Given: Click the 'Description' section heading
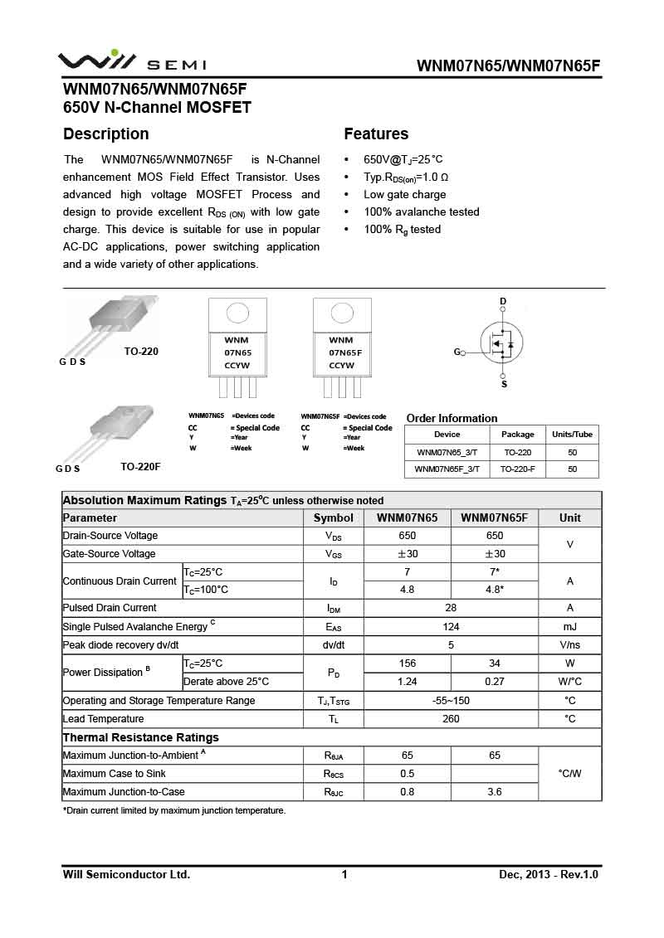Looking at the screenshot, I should [106, 134].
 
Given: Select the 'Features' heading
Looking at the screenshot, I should [376, 134].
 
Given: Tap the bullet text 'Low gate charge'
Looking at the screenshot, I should [404, 195].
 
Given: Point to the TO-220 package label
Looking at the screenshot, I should [141, 352].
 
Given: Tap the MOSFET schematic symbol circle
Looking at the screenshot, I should [501, 341].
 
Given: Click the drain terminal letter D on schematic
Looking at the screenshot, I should [503, 301].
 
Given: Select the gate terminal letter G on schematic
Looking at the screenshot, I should [456, 352].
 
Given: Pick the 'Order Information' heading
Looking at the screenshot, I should [452, 418].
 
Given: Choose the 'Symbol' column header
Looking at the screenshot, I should [334, 518].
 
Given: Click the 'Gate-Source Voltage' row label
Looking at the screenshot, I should [110, 554].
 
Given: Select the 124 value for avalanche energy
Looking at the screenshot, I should [451, 626].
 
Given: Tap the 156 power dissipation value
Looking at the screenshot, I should [408, 663].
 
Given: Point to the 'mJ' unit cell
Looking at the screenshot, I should [569, 626].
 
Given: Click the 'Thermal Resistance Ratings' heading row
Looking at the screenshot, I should [141, 737].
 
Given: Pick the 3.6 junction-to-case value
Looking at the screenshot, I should [495, 792].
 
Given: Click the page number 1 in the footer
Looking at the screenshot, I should [344, 874].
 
